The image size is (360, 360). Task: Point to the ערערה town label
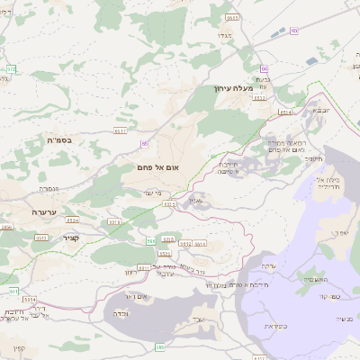pos(44,211)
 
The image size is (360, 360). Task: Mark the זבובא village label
pos(320,110)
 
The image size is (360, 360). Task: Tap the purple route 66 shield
pos(265,68)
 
